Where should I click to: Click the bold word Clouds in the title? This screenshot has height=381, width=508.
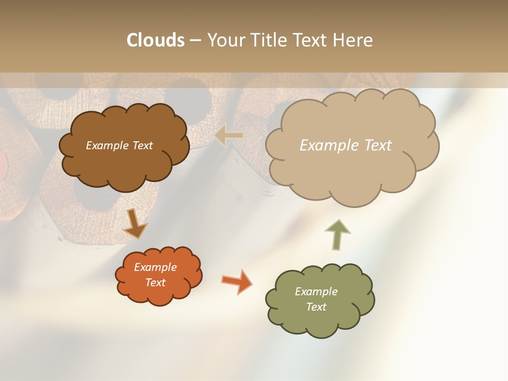156,40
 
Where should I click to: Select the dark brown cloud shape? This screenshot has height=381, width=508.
124,164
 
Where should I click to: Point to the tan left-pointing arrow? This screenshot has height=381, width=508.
229,135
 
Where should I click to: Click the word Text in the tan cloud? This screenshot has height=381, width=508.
378,146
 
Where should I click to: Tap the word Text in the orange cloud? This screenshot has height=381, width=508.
156,283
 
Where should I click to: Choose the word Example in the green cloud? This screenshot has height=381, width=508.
316,292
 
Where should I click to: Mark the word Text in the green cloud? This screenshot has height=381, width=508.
316,307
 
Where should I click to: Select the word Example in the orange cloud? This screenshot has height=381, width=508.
156,267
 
